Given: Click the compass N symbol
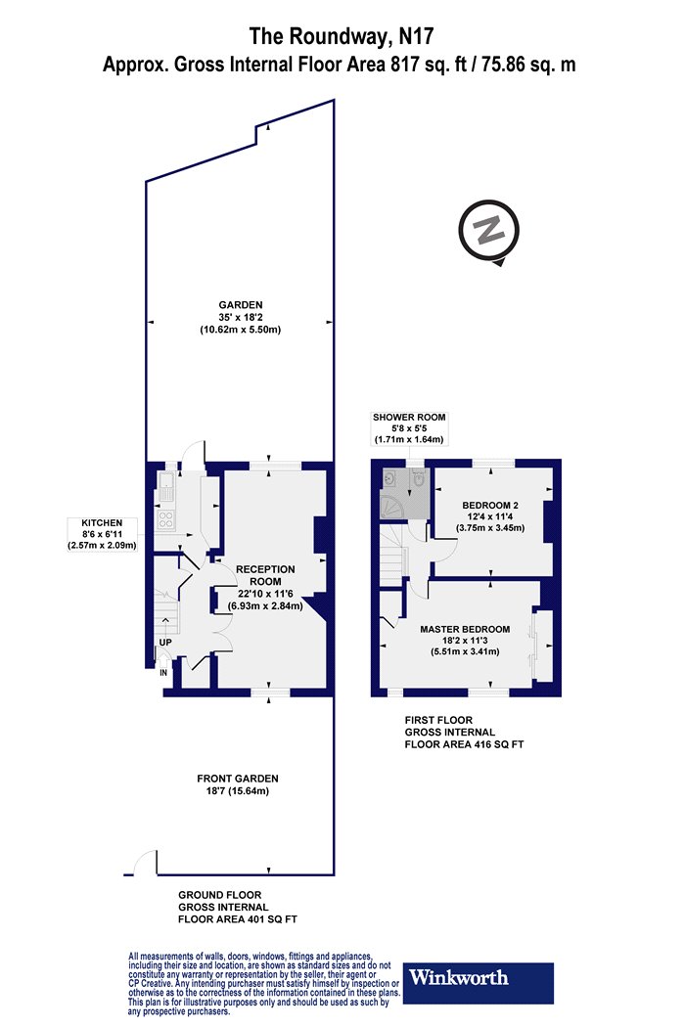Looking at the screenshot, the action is point(489,231).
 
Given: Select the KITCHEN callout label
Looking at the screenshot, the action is point(102,534).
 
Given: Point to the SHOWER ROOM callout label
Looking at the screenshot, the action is point(409,428).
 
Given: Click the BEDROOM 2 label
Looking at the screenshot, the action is point(490,505).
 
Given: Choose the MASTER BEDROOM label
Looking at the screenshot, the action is point(465,630).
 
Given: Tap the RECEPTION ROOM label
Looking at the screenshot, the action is point(265,575).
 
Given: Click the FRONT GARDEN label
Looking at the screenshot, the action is point(237,779).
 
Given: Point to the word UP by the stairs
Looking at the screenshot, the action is point(165,643).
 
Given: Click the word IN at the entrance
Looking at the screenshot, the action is point(163,673).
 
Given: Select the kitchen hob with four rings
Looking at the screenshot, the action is point(165,520).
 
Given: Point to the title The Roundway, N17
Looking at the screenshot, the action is point(342,36).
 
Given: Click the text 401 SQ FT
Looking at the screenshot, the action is point(272,919).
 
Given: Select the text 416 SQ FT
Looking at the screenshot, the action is point(499,744).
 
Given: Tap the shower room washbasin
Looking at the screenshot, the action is point(389,478).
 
